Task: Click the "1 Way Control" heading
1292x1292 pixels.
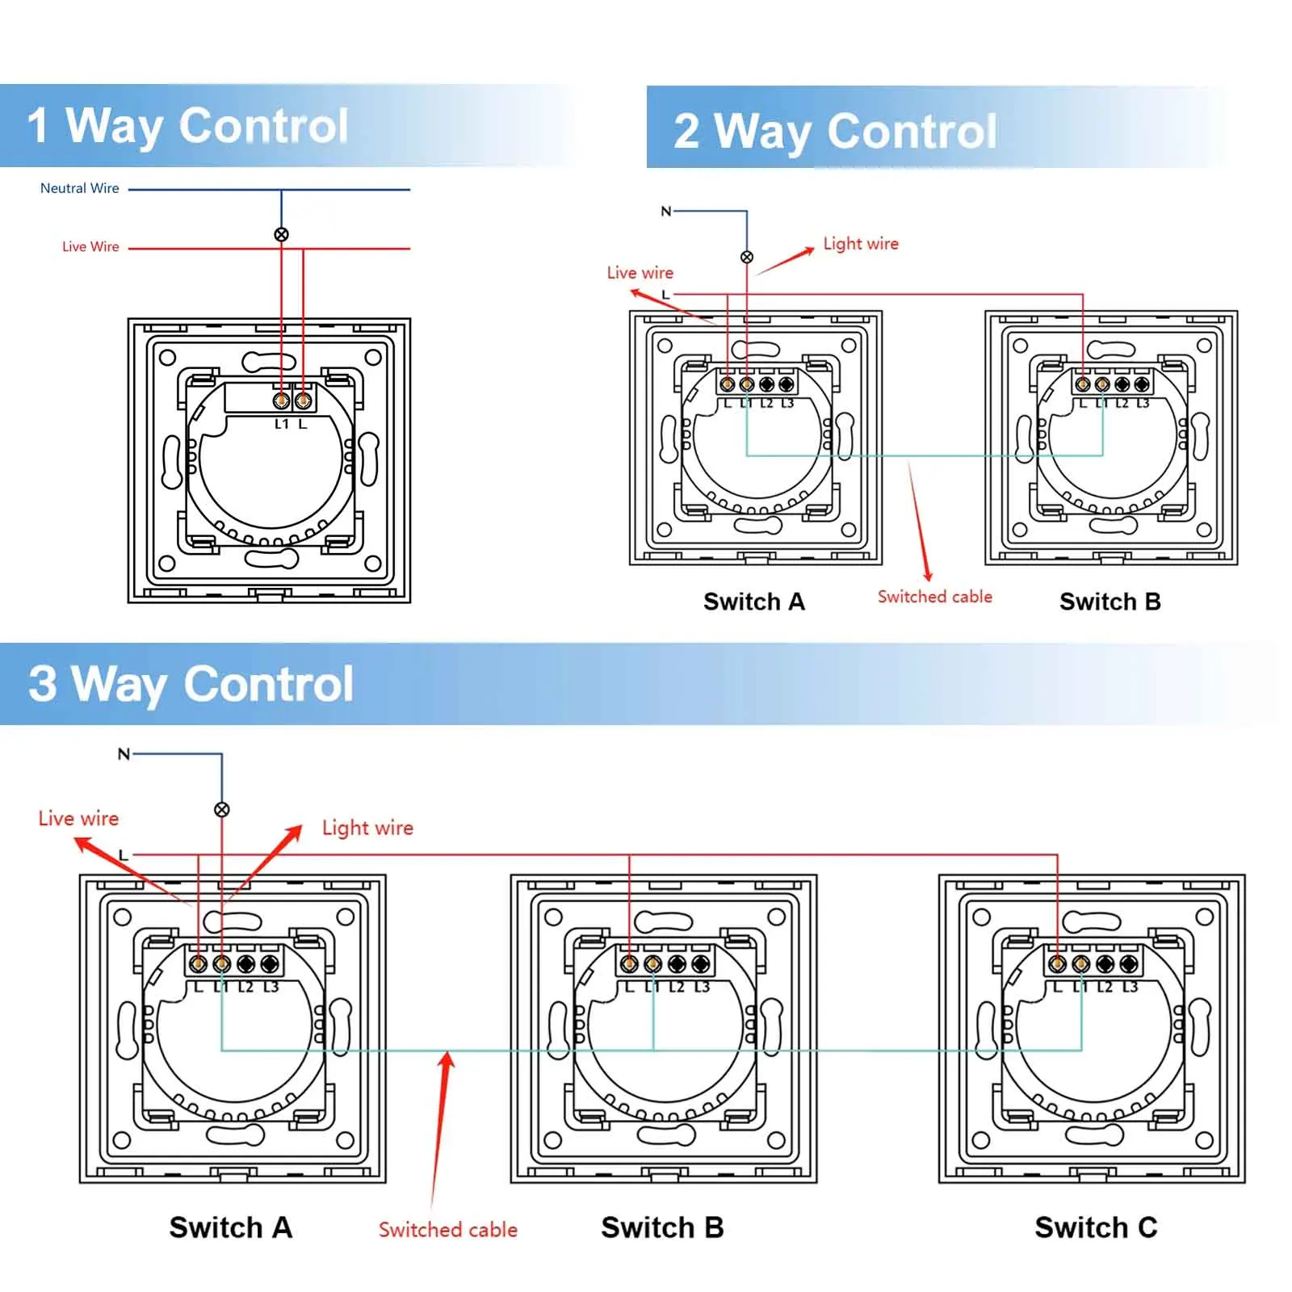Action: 187,126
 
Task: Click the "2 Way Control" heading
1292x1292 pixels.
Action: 835,131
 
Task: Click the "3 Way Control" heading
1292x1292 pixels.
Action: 191,685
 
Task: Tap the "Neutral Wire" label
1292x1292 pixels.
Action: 79,188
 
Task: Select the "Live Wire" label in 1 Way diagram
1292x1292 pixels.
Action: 90,246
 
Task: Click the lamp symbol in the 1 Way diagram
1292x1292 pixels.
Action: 281,235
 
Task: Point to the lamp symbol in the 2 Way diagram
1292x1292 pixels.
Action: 747,257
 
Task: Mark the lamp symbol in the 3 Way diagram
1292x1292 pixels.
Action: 222,809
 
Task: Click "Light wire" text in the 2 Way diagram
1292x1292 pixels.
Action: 861,244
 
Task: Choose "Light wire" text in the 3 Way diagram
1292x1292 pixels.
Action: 367,828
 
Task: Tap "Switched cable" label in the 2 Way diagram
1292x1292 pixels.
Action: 935,597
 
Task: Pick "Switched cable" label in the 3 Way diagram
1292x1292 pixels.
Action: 448,1230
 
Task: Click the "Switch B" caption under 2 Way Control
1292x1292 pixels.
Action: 1110,602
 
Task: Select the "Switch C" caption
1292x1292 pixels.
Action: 1096,1227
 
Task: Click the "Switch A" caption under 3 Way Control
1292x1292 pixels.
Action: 231,1227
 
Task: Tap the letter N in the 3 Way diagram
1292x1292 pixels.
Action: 124,754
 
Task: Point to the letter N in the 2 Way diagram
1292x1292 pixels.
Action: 666,212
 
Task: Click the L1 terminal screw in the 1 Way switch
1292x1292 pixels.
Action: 281,401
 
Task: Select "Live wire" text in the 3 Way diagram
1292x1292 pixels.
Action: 78,819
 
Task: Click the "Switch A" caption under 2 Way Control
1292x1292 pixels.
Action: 754,602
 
